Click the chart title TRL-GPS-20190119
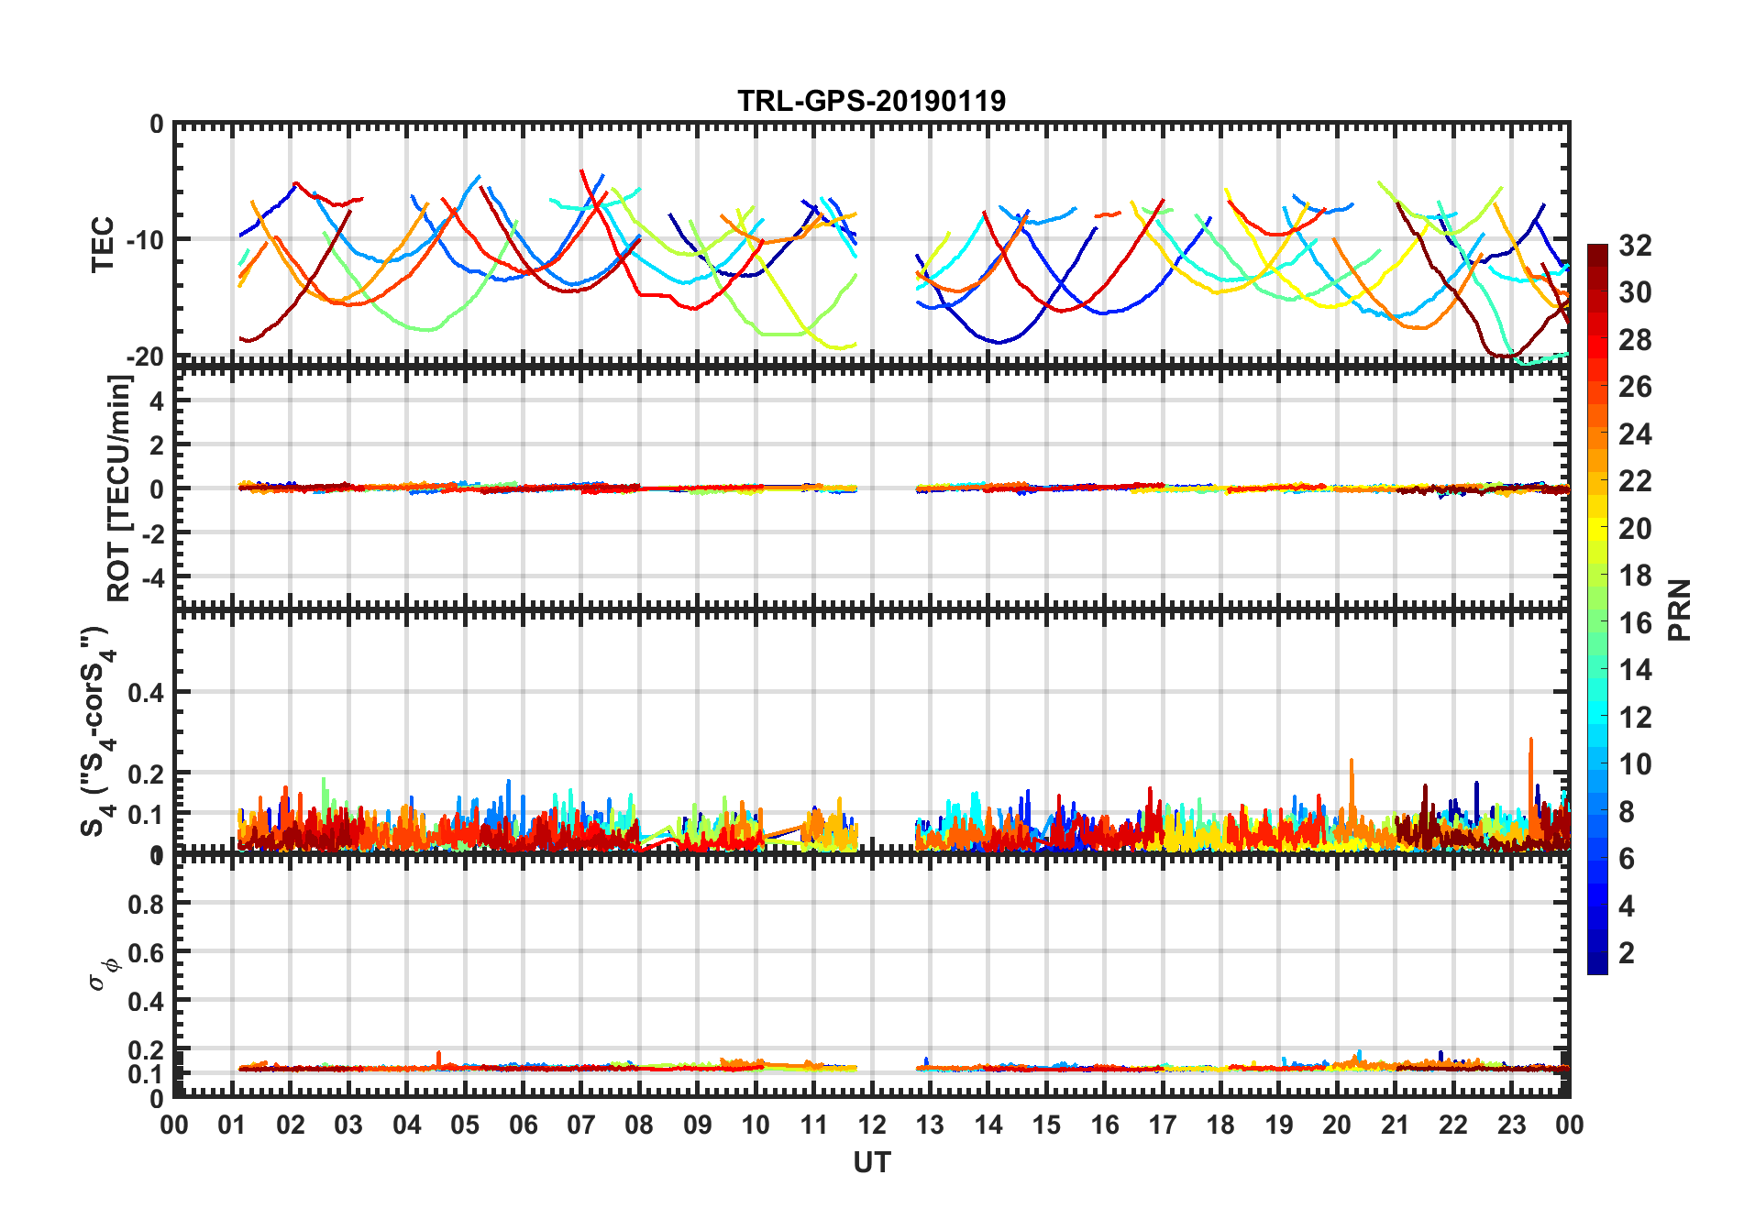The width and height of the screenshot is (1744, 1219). click(871, 100)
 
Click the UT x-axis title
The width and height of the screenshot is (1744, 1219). click(871, 1162)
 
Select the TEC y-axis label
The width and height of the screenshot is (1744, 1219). click(102, 244)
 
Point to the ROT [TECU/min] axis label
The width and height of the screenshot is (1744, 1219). click(118, 488)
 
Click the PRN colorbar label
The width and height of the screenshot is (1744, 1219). click(1679, 609)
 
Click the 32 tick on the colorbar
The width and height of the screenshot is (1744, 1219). click(1635, 246)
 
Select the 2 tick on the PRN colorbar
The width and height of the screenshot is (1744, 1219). click(1627, 953)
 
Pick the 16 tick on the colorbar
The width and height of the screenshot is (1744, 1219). click(1635, 623)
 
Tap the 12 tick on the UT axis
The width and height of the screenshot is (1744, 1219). click(872, 1125)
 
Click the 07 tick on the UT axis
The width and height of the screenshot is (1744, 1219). click(581, 1125)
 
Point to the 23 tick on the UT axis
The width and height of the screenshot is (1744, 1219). click(1511, 1125)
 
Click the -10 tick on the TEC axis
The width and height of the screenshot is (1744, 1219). click(143, 240)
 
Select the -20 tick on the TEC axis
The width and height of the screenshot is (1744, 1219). click(143, 357)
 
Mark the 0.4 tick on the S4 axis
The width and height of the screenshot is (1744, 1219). click(145, 693)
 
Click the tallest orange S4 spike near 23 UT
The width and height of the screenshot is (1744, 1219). click(1530, 741)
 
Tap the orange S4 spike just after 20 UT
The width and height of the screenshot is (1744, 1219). click(1352, 762)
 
